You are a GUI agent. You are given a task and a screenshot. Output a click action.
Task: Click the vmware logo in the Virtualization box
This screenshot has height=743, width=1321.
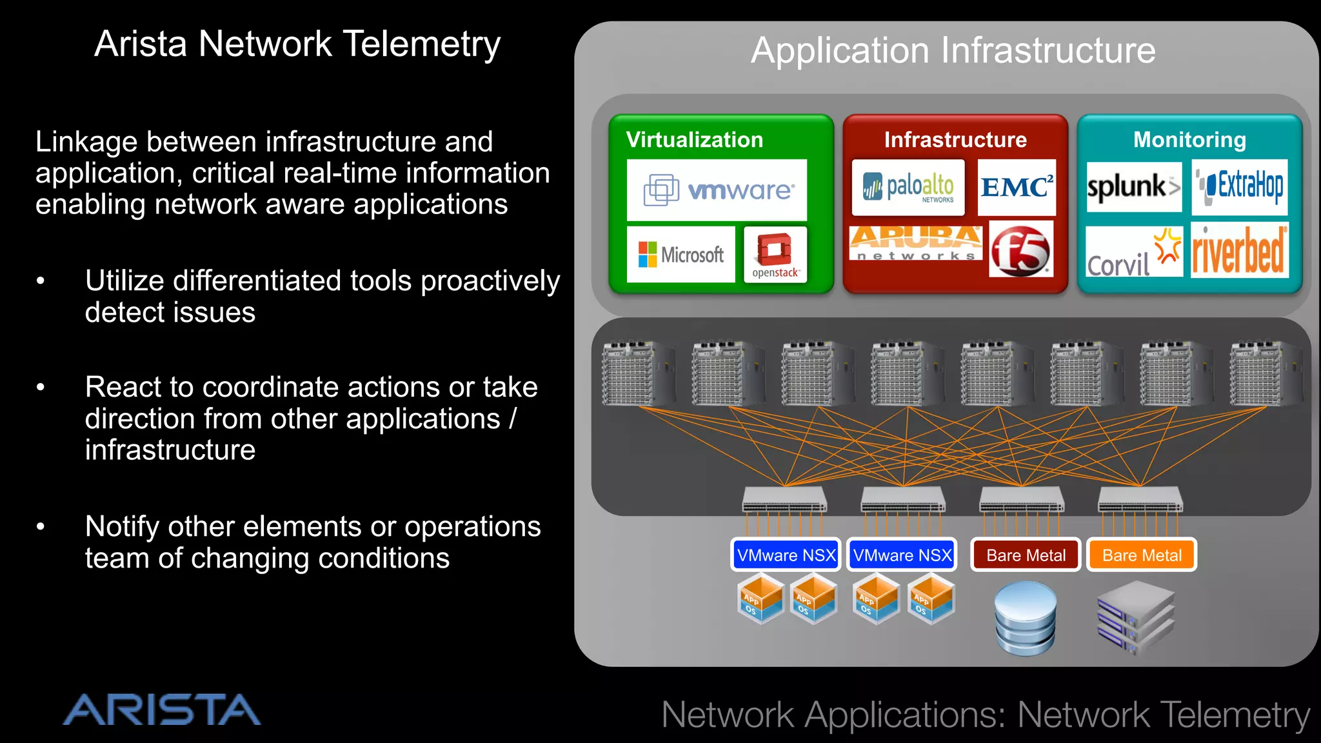717,190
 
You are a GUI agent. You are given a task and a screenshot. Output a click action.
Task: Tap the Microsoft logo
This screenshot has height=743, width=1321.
680,255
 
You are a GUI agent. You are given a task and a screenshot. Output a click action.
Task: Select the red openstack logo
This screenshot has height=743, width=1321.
775,254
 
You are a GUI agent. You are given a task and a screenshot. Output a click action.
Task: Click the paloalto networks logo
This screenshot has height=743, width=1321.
908,188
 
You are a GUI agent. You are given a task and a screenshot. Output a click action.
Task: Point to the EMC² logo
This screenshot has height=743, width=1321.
1017,188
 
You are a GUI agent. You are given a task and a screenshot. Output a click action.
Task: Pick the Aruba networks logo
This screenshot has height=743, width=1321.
915,243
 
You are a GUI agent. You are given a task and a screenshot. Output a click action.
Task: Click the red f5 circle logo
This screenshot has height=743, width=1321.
1020,250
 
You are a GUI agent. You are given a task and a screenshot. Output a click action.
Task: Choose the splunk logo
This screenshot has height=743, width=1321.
1133,187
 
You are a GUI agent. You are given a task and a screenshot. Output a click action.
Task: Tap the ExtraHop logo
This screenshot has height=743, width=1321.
1239,187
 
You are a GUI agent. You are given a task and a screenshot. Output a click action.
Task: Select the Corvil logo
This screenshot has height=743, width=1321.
1133,253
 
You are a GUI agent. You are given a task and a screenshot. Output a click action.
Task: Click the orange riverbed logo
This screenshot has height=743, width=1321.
1239,251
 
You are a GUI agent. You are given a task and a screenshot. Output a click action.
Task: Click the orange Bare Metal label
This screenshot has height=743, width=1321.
1141,555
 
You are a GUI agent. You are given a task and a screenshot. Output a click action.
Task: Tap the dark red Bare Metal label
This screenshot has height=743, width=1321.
1026,555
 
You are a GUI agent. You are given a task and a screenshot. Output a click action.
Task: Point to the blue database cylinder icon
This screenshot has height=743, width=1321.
1025,618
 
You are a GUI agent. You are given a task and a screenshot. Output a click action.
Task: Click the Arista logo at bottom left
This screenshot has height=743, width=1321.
161,710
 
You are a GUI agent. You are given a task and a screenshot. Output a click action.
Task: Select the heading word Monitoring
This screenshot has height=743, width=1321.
1189,140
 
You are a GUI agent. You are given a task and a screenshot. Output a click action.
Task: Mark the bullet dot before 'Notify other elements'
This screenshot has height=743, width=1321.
41,527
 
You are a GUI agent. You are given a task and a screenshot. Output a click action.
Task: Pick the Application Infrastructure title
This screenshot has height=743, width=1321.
953,50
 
